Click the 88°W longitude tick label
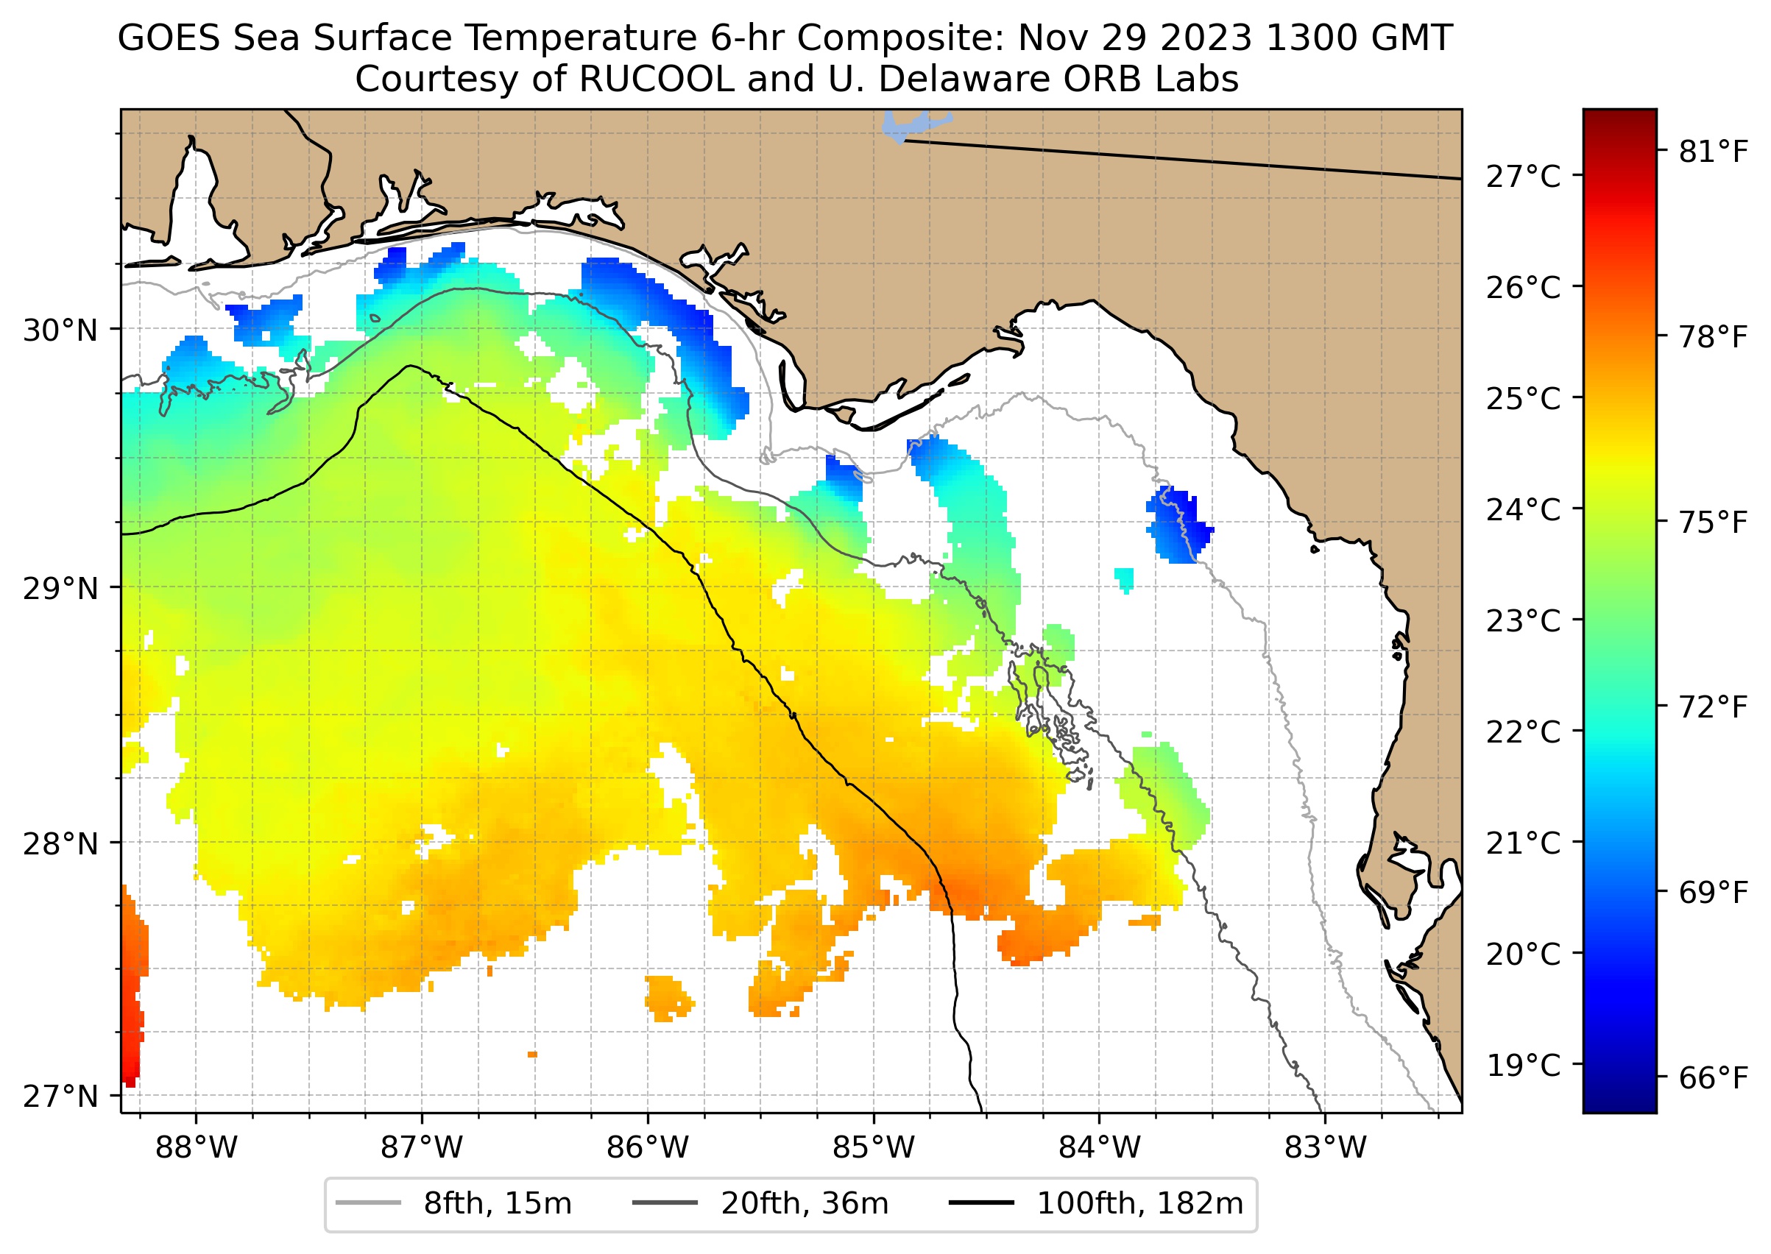tap(197, 1148)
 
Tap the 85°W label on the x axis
tap(874, 1148)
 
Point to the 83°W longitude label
tap(1326, 1148)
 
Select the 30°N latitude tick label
tap(60, 330)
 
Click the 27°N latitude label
tap(60, 1096)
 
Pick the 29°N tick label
tap(60, 589)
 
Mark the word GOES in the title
tap(169, 38)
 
